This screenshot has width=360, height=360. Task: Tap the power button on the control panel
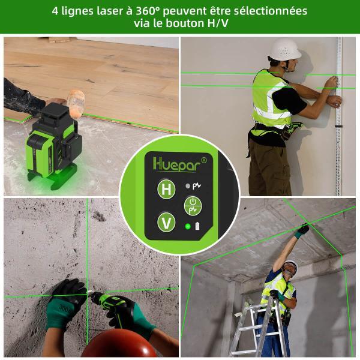[x=193, y=206]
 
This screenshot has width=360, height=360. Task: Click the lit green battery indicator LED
[x=188, y=227]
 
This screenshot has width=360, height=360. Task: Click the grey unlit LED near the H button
[x=188, y=186]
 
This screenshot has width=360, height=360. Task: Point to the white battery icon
[x=197, y=226]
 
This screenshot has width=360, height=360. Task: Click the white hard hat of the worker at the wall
[x=284, y=49]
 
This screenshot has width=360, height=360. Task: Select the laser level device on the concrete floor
[x=53, y=146]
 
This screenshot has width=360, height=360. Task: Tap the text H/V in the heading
[x=218, y=23]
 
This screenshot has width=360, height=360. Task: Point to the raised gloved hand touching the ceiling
[x=302, y=231]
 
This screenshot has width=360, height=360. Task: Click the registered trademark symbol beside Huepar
[x=203, y=160]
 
